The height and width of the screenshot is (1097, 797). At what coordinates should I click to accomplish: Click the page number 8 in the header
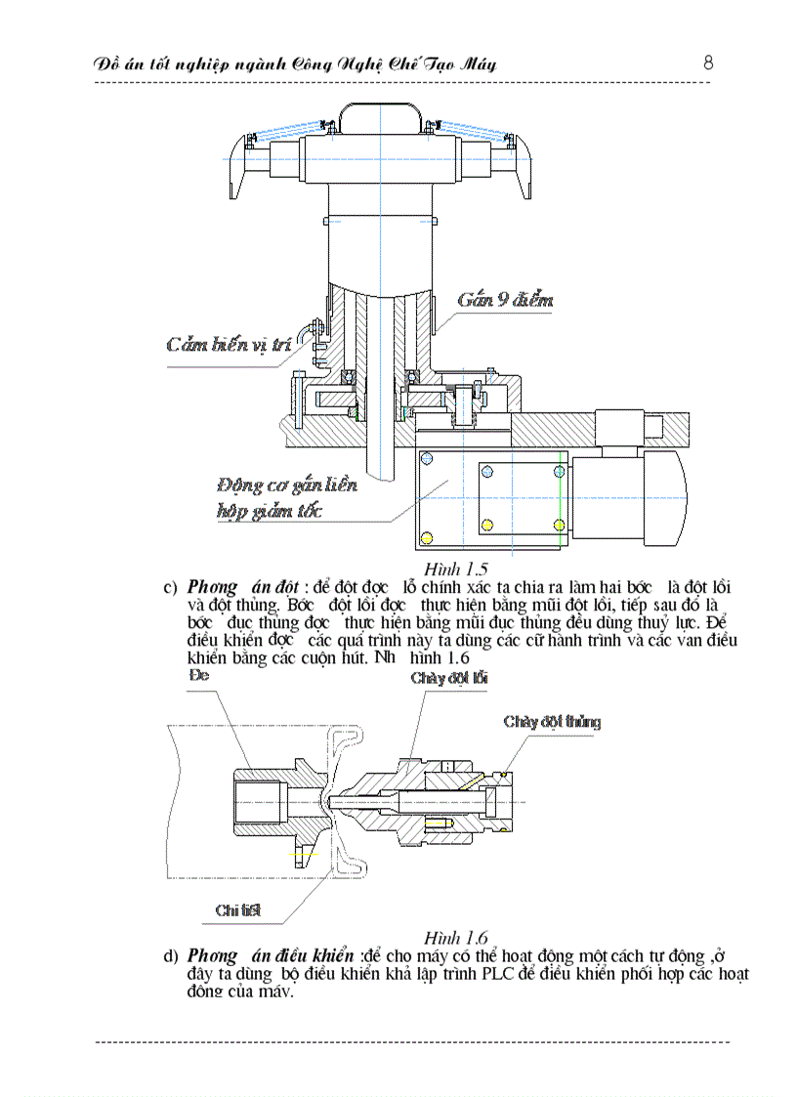coord(708,63)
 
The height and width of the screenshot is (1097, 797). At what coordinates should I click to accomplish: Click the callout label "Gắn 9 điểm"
coord(505,299)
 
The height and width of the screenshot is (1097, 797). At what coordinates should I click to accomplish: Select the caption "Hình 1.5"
coord(456,569)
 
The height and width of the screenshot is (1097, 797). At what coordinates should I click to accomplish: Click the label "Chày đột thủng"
coord(552,722)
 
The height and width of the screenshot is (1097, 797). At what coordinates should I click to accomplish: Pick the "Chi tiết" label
coord(238,909)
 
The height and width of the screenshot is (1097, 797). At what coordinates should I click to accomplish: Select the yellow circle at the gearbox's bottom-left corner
coord(426,537)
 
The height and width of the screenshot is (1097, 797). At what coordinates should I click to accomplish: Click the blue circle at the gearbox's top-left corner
coord(426,457)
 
